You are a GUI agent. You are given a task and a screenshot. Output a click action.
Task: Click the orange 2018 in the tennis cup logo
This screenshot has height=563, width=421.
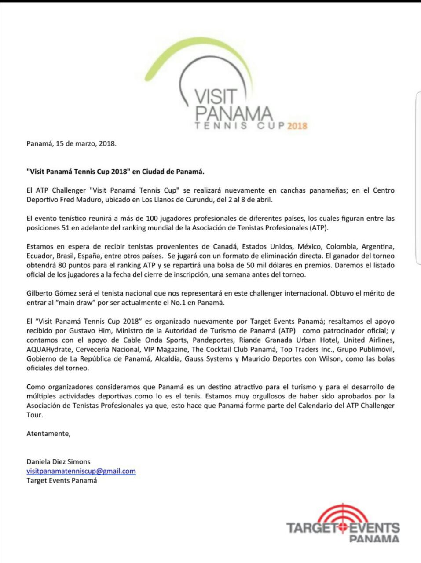point(297,126)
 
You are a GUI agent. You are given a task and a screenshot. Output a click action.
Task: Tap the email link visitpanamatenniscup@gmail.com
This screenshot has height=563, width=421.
point(81,471)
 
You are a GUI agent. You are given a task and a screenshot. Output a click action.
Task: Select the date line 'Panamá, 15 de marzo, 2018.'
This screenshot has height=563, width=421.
point(72,143)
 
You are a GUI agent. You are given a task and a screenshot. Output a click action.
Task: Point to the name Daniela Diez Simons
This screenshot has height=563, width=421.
point(59,461)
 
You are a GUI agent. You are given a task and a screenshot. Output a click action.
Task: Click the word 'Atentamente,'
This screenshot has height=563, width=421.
point(48,434)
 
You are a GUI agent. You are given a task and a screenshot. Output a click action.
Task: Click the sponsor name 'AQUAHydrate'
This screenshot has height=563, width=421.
point(49,350)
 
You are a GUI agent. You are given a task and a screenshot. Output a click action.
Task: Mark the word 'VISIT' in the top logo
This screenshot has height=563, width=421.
point(216,97)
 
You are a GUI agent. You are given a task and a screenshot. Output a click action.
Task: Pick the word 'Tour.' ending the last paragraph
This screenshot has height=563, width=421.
point(35,415)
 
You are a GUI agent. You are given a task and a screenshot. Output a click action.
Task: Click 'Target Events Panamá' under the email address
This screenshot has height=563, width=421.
point(62,480)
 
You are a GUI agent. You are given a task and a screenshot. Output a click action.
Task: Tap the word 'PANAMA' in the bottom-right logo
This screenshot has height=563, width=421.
point(374,539)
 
